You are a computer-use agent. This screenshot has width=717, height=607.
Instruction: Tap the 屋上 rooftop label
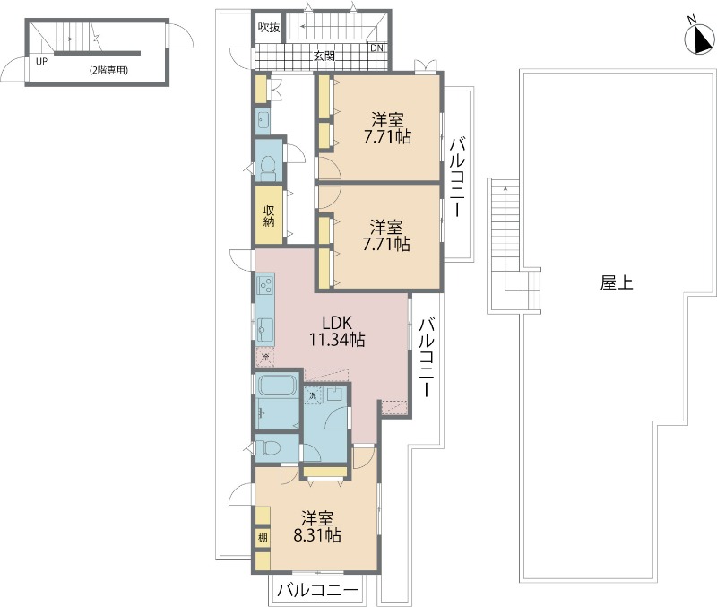(x=616, y=283)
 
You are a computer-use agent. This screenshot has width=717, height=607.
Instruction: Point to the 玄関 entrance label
(x=324, y=56)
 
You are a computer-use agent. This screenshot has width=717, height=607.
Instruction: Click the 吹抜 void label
(x=269, y=28)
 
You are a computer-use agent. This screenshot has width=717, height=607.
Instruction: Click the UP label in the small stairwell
(x=41, y=62)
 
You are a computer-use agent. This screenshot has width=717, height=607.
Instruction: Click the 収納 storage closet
(x=268, y=215)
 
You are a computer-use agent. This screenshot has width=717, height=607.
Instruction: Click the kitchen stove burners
(x=266, y=286)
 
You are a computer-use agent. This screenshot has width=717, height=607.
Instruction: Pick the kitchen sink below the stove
(x=266, y=326)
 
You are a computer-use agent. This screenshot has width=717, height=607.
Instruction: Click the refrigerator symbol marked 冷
(x=264, y=357)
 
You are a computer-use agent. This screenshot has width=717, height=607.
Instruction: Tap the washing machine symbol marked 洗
(x=313, y=395)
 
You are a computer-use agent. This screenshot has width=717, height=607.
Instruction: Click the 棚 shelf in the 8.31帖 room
(x=263, y=538)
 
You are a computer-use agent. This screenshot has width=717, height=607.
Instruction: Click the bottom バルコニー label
(x=317, y=590)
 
